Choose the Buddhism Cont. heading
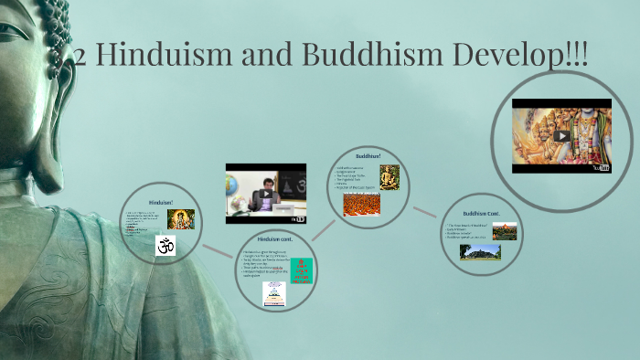click(480, 213)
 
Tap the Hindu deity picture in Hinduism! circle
click(180, 219)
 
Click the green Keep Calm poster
click(301, 270)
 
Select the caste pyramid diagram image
click(273, 293)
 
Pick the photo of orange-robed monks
click(361, 204)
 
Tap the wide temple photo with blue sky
click(480, 249)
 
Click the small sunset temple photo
click(504, 231)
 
